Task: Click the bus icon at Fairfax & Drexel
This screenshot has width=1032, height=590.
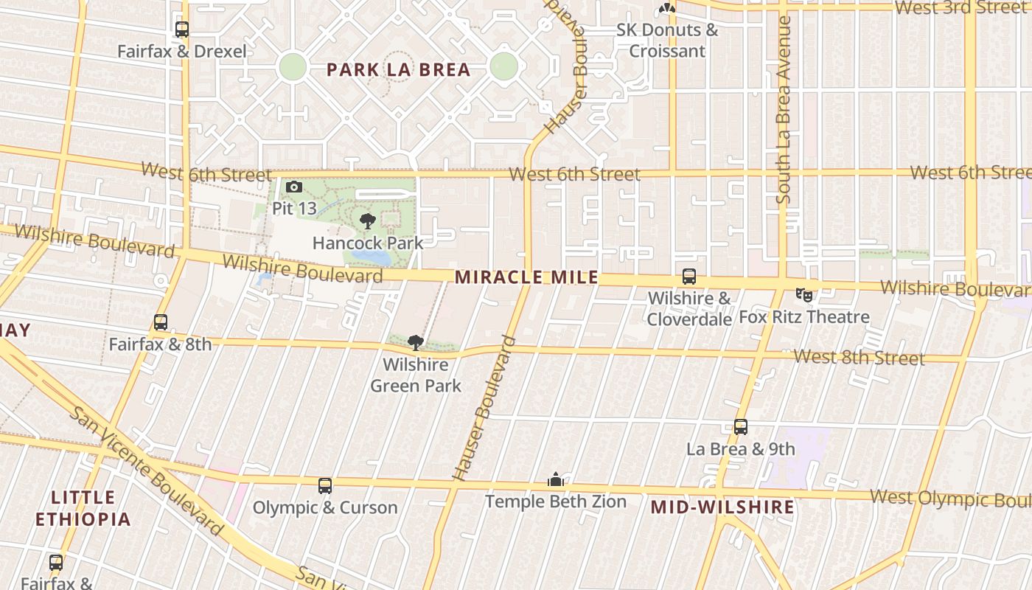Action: [182, 29]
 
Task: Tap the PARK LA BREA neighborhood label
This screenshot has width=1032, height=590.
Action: [398, 70]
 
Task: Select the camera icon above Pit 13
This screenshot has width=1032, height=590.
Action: [294, 187]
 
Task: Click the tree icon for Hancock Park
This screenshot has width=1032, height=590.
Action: [367, 221]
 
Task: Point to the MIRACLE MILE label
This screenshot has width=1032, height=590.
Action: [526, 278]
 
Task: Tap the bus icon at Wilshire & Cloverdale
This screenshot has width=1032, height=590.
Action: [688, 277]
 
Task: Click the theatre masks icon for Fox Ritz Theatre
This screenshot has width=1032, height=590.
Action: [804, 295]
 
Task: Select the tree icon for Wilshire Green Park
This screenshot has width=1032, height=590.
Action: [416, 342]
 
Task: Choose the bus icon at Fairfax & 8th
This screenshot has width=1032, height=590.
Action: [161, 322]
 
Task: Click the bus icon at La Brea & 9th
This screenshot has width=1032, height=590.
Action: [741, 427]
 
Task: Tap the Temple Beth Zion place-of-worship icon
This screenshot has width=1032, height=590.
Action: [556, 480]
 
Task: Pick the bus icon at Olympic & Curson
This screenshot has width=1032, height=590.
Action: [325, 486]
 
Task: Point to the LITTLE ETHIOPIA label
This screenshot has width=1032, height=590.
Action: [83, 508]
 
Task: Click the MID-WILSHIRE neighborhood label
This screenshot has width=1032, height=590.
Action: [722, 507]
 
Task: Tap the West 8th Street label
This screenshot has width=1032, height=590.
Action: [859, 358]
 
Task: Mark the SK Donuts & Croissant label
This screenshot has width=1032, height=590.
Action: [667, 41]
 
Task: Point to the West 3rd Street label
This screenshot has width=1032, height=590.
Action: [961, 8]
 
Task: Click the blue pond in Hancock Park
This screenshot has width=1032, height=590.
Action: [372, 257]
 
